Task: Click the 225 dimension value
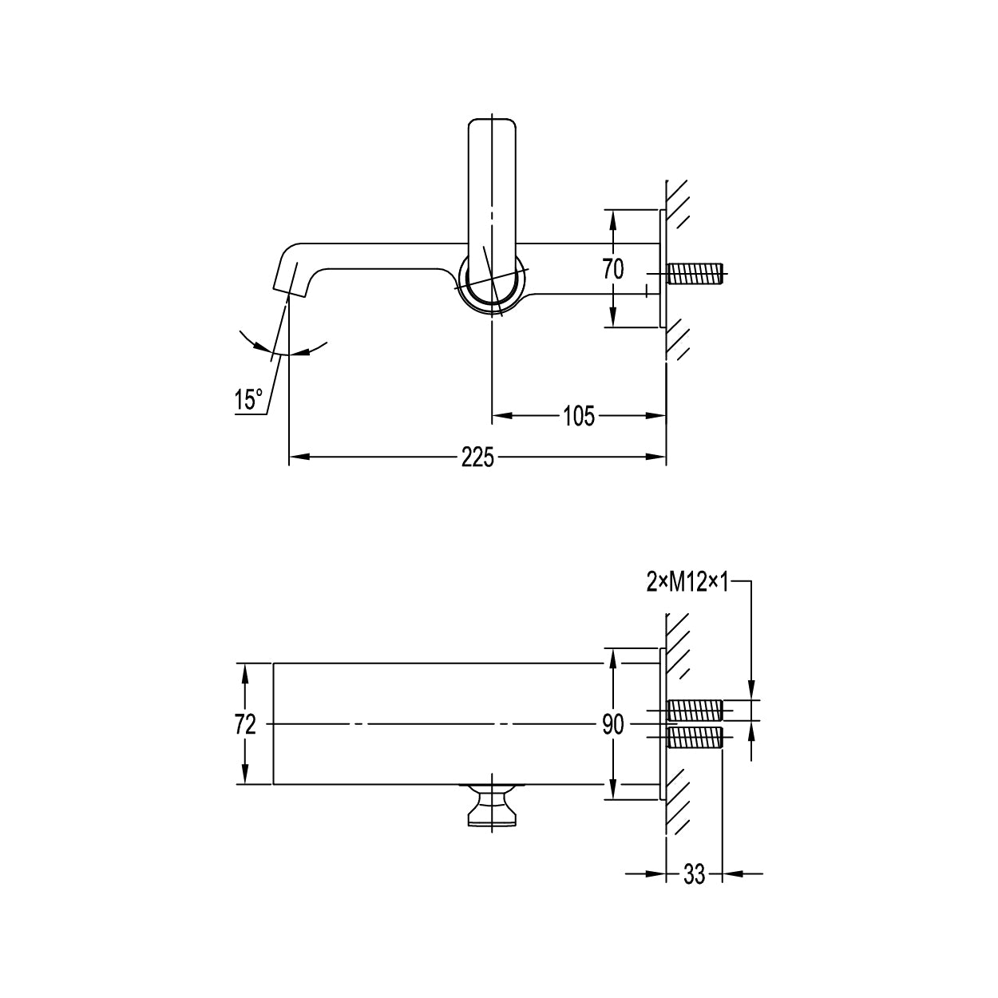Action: coord(477,457)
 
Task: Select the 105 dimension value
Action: coord(579,416)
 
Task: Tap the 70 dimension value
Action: coord(613,269)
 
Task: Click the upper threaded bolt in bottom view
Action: coord(695,710)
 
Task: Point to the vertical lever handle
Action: coord(492,207)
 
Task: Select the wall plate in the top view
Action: coord(663,268)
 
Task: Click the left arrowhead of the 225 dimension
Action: coord(299,457)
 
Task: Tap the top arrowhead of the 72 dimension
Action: coord(245,673)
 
